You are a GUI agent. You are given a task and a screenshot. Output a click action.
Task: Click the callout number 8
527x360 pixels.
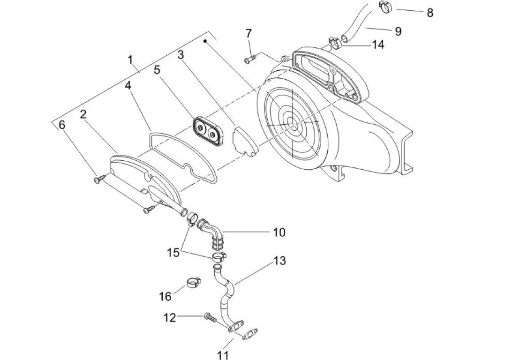[429, 13]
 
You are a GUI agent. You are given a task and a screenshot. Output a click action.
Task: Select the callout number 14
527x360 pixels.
[377, 45]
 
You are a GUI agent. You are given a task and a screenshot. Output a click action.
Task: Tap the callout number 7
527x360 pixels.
[248, 33]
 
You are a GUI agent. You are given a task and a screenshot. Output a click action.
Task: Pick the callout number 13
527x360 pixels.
[279, 261]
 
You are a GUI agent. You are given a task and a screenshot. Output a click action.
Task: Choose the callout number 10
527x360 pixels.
[279, 232]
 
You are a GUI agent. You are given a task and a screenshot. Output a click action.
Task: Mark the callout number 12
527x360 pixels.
[170, 318]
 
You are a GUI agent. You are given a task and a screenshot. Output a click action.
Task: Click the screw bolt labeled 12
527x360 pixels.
[210, 318]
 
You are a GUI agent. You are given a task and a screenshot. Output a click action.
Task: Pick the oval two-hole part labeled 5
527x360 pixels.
[206, 129]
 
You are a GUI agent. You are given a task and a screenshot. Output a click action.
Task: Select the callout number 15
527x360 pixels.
[173, 253]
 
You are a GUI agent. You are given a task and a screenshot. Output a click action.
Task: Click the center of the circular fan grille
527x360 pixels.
[292, 124]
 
